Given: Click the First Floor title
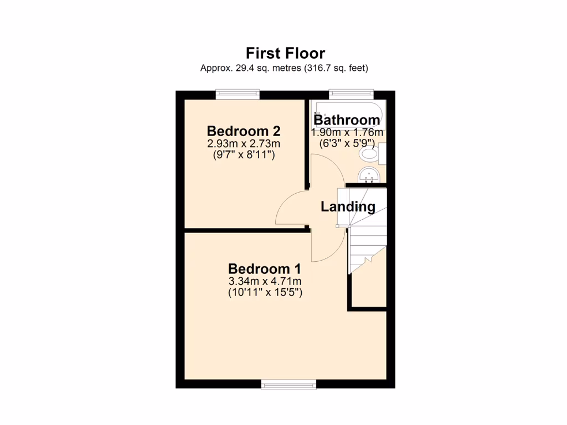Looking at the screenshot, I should click(x=285, y=53).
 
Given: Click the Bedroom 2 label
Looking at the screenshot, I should click(x=244, y=131).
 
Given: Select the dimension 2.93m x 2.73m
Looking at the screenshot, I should click(x=244, y=144).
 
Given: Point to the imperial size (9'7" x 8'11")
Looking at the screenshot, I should click(x=244, y=156).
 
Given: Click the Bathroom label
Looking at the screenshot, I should click(x=347, y=120).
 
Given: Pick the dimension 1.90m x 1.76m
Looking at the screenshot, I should click(x=347, y=133).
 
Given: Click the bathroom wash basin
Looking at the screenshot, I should click(x=368, y=175).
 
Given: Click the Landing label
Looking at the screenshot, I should click(x=348, y=207).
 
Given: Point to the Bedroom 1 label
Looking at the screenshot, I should click(x=265, y=269).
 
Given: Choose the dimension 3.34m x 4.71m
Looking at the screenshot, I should click(x=265, y=282).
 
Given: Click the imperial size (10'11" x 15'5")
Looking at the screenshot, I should click(x=265, y=293).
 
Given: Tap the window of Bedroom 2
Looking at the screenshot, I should click(x=238, y=95).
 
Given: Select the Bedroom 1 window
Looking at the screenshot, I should click(x=288, y=384).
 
